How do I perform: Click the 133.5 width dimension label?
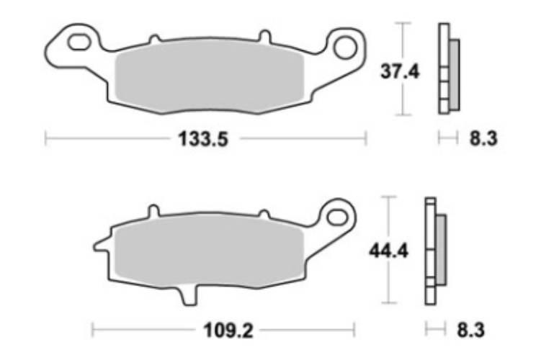(x=203, y=139)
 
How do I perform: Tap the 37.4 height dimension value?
(x=400, y=72)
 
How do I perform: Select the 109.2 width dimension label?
(x=228, y=331)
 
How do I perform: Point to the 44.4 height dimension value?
(x=388, y=251)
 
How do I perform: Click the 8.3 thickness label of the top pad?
(x=483, y=139)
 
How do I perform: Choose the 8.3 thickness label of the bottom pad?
(x=470, y=330)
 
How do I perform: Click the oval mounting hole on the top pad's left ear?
(x=80, y=42)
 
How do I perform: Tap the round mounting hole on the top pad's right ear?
(x=345, y=48)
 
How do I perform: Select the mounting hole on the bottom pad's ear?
(x=338, y=217)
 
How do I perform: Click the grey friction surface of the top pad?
(x=210, y=76)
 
